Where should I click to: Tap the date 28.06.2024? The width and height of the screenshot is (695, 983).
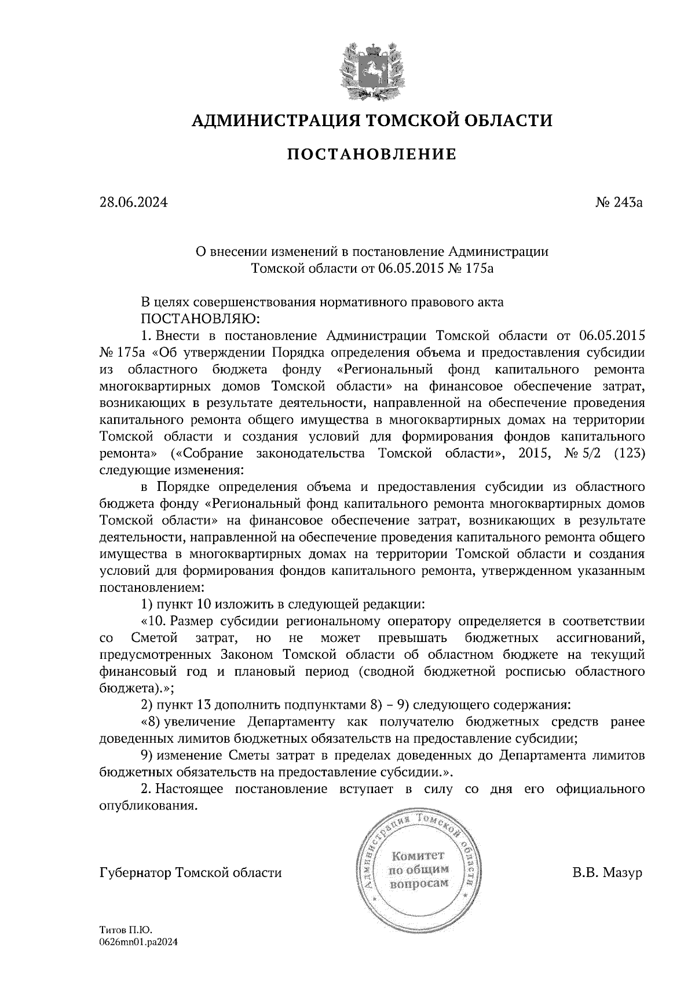133,203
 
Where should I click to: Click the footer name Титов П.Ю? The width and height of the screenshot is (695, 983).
125,930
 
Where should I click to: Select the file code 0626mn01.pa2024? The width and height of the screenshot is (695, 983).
138,942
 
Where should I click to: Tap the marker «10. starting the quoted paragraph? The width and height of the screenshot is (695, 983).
154,622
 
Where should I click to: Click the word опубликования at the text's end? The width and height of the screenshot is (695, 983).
148,806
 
